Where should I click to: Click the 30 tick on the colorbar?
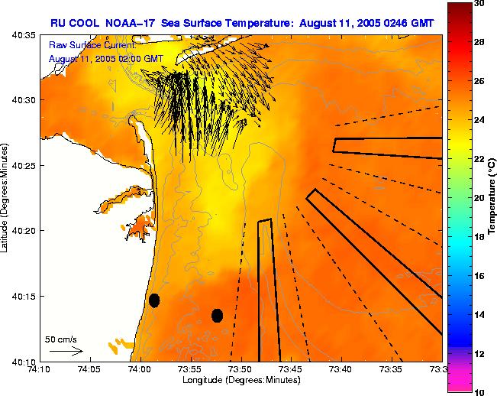479,4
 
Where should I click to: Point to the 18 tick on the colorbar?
479,237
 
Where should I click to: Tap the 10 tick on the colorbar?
479,391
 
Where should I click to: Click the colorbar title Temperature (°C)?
492,197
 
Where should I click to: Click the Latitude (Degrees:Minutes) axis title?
6,197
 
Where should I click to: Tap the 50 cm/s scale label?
60,339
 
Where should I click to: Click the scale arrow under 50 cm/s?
66,351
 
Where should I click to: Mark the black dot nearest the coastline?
154,300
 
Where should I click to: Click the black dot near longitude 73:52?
217,315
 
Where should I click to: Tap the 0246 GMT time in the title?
407,23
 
